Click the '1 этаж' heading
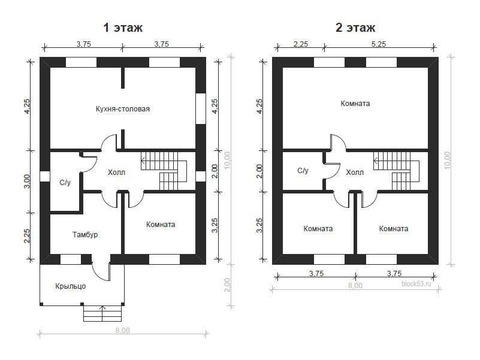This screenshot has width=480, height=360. click(x=123, y=28)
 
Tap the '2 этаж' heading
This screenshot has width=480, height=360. click(x=355, y=28)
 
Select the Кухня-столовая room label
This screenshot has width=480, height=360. click(x=123, y=109)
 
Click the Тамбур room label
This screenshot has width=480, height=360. click(x=85, y=235)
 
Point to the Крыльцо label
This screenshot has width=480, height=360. click(x=70, y=286)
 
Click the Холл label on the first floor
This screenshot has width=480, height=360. click(x=116, y=173)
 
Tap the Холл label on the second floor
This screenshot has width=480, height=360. click(x=355, y=173)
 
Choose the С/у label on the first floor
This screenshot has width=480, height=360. click(x=65, y=183)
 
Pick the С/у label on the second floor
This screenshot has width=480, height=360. click(x=303, y=171)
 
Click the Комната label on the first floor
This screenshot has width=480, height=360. click(x=161, y=225)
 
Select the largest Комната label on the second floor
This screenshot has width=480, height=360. click(x=355, y=104)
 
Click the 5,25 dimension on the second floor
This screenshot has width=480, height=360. click(x=379, y=44)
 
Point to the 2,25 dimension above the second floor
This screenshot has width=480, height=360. click(x=301, y=44)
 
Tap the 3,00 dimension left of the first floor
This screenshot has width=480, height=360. click(x=27, y=181)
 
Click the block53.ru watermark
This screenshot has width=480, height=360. click(x=416, y=284)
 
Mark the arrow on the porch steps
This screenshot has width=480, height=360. click(x=102, y=313)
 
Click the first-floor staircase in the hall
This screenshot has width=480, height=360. click(x=164, y=171)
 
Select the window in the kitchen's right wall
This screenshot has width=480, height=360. click(x=201, y=108)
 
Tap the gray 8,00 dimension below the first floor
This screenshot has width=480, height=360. click(x=122, y=331)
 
